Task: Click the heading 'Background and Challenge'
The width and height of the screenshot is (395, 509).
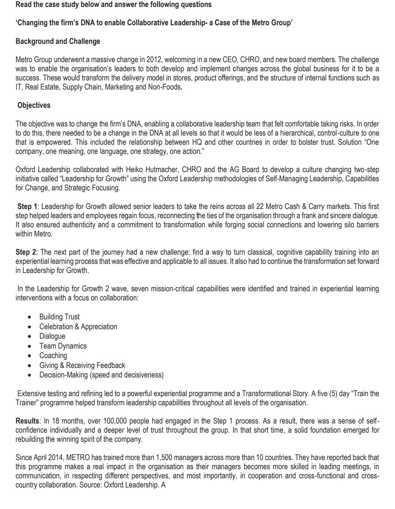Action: pyautogui.click(x=58, y=41)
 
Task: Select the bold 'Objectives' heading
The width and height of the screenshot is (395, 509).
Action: pyautogui.click(x=34, y=105)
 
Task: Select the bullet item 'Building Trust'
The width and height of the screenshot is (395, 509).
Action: pyautogui.click(x=59, y=317)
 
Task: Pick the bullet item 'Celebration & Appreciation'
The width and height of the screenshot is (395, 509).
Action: pyautogui.click(x=78, y=326)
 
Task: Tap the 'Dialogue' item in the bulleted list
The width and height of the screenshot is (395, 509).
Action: pyautogui.click(x=52, y=336)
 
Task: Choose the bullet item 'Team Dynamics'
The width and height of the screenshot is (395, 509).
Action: pyautogui.click(x=63, y=346)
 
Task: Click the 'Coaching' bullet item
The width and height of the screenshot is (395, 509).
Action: pyautogui.click(x=53, y=356)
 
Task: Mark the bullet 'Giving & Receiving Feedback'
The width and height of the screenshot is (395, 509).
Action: pyautogui.click(x=82, y=365)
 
